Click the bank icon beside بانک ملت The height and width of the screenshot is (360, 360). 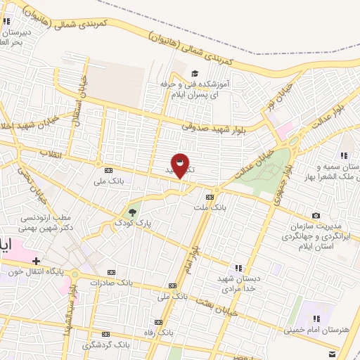tap(210, 197)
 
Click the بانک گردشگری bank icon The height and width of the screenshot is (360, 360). tap(105, 335)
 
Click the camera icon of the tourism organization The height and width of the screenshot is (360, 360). tap(316, 215)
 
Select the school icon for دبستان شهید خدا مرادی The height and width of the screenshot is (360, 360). tap(238, 266)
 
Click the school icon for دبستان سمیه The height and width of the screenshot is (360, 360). tap(344, 155)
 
